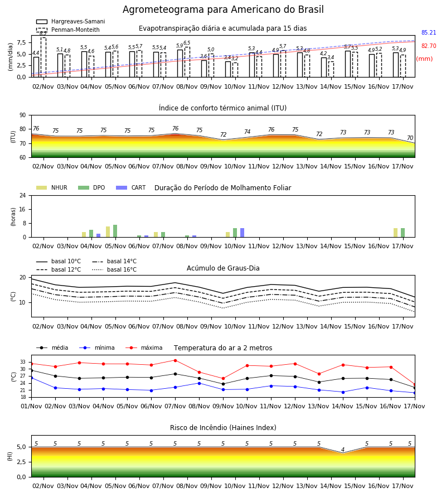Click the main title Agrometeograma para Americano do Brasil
[x=223, y=9]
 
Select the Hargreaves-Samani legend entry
[x=71, y=21]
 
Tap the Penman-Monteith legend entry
[x=68, y=30]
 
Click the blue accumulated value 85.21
[x=429, y=33]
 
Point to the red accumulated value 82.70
[x=429, y=46]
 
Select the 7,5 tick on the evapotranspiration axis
[x=21, y=42]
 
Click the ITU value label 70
[x=410, y=138]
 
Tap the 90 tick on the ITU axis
[x=22, y=115]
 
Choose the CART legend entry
[x=131, y=187]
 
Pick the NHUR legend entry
[x=52, y=187]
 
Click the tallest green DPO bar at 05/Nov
[x=115, y=231]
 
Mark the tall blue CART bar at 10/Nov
[x=242, y=233]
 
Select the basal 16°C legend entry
[x=114, y=269]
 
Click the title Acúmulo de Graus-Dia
[x=223, y=268]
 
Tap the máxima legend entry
[x=144, y=347]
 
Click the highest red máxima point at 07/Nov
[x=175, y=360]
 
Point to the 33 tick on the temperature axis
[x=22, y=362]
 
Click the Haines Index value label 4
[x=343, y=450]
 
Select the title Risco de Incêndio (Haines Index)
[x=223, y=428]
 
